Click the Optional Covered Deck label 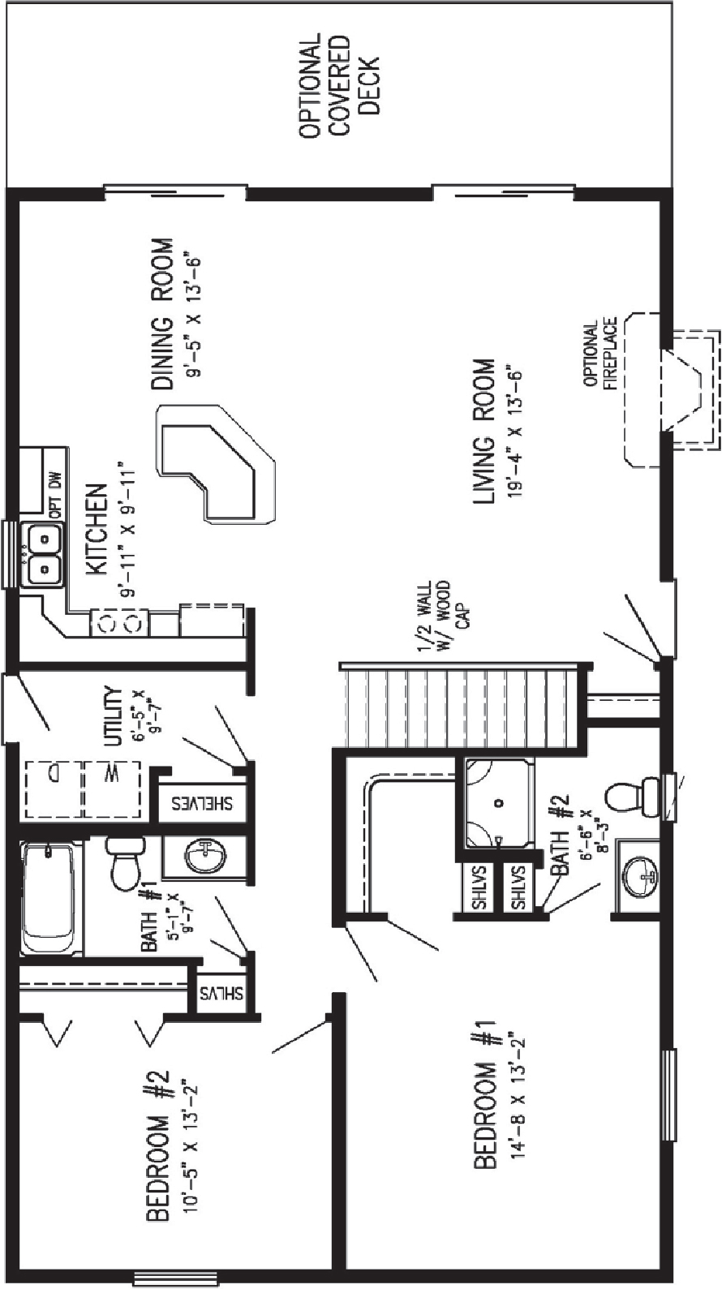(339, 85)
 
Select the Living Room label (483, 432)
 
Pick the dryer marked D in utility (52, 788)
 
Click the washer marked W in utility (112, 788)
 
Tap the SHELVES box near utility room (201, 804)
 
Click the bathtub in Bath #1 (50, 899)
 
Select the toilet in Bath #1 (126, 863)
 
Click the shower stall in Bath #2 (498, 802)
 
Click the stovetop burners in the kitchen (120, 623)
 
